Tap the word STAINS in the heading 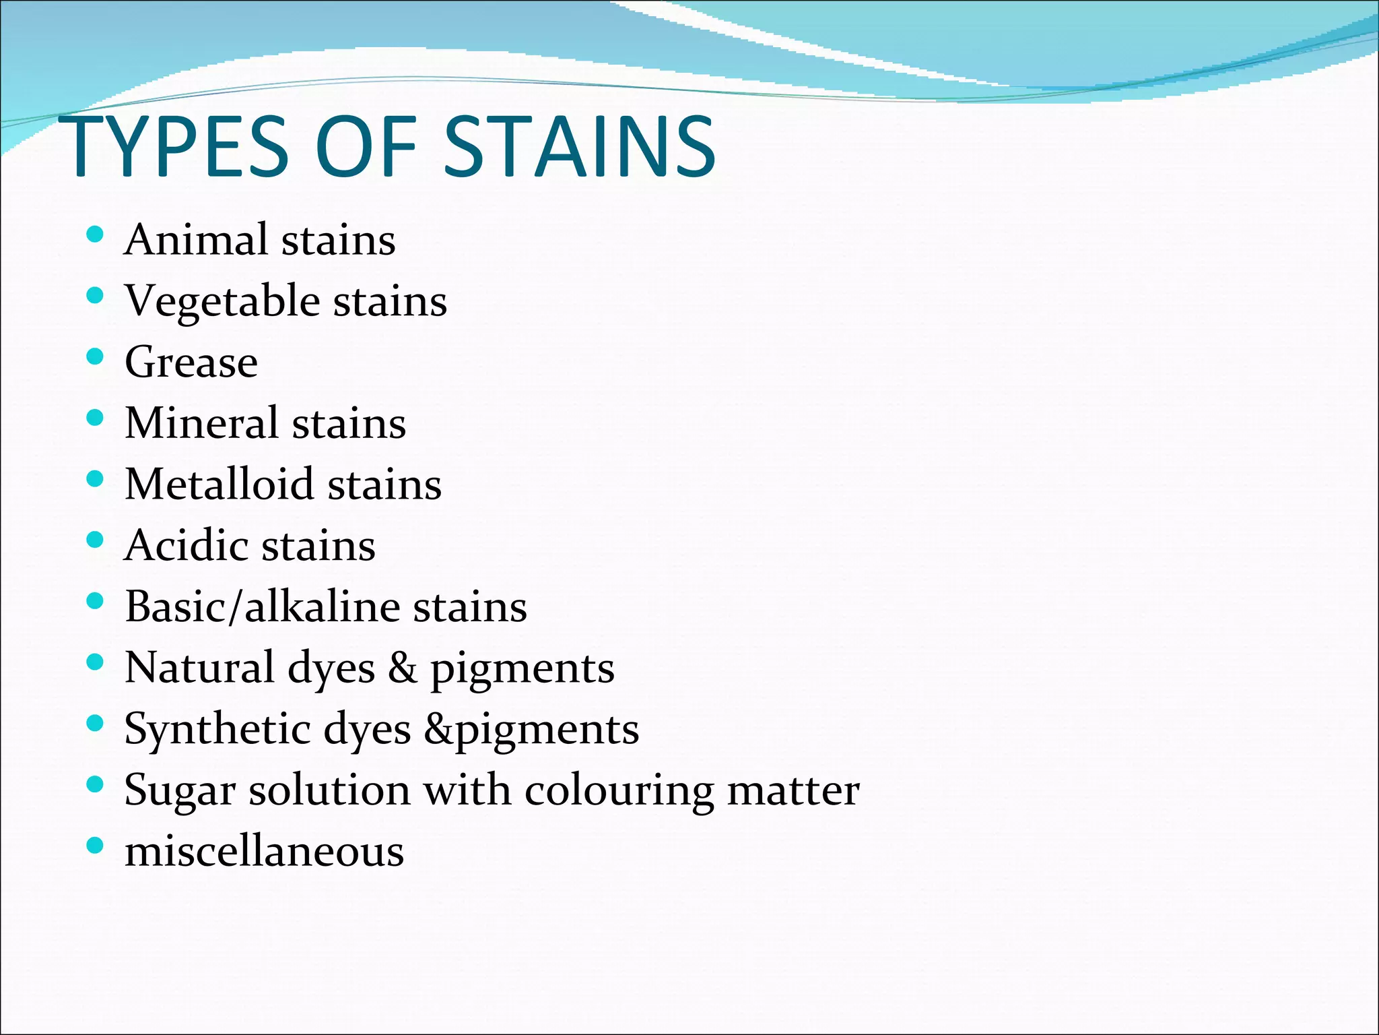coord(580,147)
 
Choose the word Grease coord(191,362)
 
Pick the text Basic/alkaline coord(262,606)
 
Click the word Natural coord(199,668)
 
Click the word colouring coord(619,791)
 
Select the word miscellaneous coord(265,852)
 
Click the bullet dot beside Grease coord(96,357)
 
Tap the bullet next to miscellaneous coord(96,846)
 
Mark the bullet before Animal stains coord(96,234)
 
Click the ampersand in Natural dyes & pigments coord(403,668)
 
